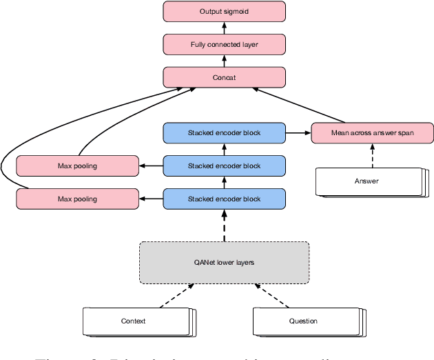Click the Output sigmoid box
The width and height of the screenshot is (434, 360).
click(224, 12)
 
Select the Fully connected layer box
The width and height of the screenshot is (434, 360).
click(224, 45)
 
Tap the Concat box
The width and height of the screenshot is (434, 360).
click(224, 77)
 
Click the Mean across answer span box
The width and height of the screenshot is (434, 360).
click(373, 132)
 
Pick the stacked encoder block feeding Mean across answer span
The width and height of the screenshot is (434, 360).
click(224, 132)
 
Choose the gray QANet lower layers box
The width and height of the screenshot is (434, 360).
click(224, 262)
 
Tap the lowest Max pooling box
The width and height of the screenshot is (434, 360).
click(76, 199)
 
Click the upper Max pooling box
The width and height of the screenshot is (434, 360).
click(76, 166)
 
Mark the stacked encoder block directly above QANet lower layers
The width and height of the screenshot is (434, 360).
click(224, 199)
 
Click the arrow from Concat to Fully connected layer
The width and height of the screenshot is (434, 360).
click(224, 61)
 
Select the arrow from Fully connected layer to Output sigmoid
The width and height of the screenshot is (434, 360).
click(224, 28)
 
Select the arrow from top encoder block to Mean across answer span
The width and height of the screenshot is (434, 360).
click(298, 132)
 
